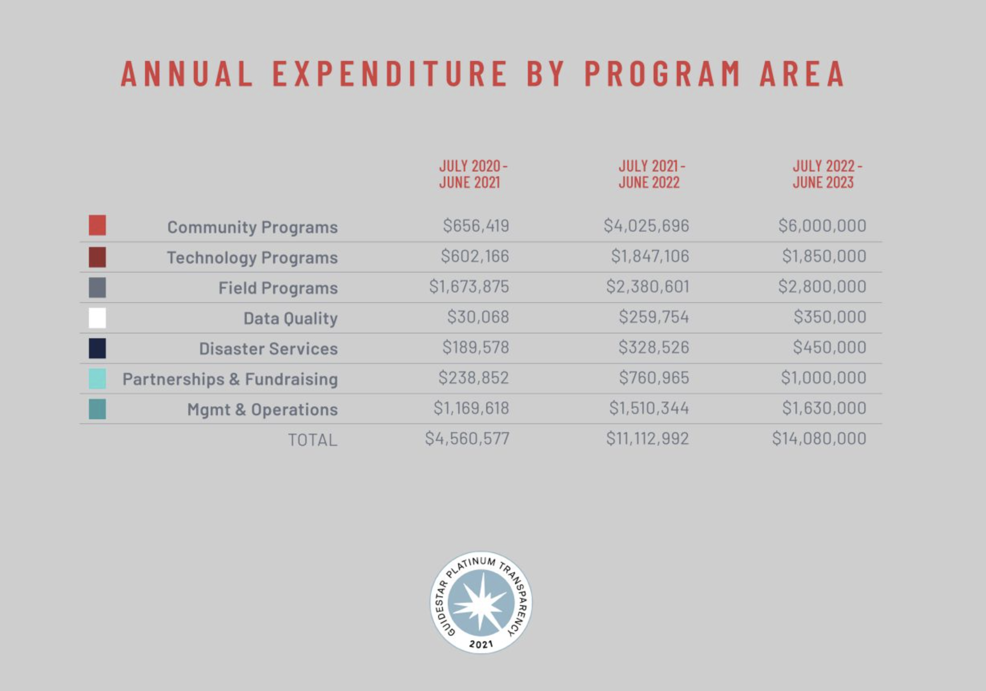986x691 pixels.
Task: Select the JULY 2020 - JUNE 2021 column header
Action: coord(473,174)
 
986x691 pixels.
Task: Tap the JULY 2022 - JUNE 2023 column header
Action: coord(826,174)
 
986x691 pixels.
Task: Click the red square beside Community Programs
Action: coord(97,225)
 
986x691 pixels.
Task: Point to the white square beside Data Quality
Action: coord(97,318)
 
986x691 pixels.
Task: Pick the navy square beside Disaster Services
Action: coord(97,348)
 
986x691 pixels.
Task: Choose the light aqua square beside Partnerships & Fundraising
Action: coord(97,379)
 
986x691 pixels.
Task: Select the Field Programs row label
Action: coord(278,288)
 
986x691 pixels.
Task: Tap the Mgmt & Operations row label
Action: coord(262,410)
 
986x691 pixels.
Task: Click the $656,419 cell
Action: coord(476,226)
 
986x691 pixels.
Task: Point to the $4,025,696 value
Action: coord(646,226)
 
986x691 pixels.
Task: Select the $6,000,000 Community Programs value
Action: coord(822,226)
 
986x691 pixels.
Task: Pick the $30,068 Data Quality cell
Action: coord(477,317)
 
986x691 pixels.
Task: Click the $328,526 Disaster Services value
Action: coord(653,347)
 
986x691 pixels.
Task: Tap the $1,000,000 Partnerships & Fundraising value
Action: coord(823,378)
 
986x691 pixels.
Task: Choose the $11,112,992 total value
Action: coord(647,439)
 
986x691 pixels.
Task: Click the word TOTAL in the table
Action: coord(312,440)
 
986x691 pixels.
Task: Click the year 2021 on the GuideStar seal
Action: coord(481,644)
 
